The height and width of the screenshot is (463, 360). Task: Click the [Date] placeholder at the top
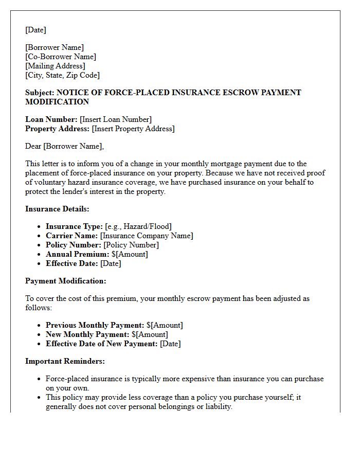pyautogui.click(x=35, y=30)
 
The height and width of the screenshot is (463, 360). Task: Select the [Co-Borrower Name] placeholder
pyautogui.click(x=61, y=57)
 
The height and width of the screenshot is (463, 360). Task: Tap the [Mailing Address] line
pyautogui.click(x=55, y=66)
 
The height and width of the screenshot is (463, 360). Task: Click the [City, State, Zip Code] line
pyautogui.click(x=62, y=75)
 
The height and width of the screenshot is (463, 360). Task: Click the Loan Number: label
pyautogui.click(x=51, y=119)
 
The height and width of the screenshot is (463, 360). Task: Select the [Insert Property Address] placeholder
pyautogui.click(x=133, y=129)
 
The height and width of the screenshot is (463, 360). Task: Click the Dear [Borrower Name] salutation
pyautogui.click(x=64, y=146)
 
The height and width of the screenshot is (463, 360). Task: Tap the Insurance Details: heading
pyautogui.click(x=57, y=209)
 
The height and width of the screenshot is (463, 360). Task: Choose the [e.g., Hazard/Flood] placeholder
pyautogui.click(x=138, y=226)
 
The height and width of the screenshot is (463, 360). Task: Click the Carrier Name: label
pyautogui.click(x=72, y=236)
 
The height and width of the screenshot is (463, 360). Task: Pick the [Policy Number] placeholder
pyautogui.click(x=131, y=245)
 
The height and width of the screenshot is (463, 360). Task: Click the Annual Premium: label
pyautogui.click(x=77, y=254)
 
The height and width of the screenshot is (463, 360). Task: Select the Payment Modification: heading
pyautogui.click(x=66, y=281)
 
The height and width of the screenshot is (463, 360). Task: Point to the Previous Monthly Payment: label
pyautogui.click(x=95, y=325)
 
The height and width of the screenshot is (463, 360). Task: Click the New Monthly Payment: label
pyautogui.click(x=87, y=334)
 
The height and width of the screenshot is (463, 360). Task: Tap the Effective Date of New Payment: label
pyautogui.click(x=102, y=344)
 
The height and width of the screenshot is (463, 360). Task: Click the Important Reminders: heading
pyautogui.click(x=65, y=361)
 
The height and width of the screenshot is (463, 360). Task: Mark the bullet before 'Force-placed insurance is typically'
pyautogui.click(x=40, y=379)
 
